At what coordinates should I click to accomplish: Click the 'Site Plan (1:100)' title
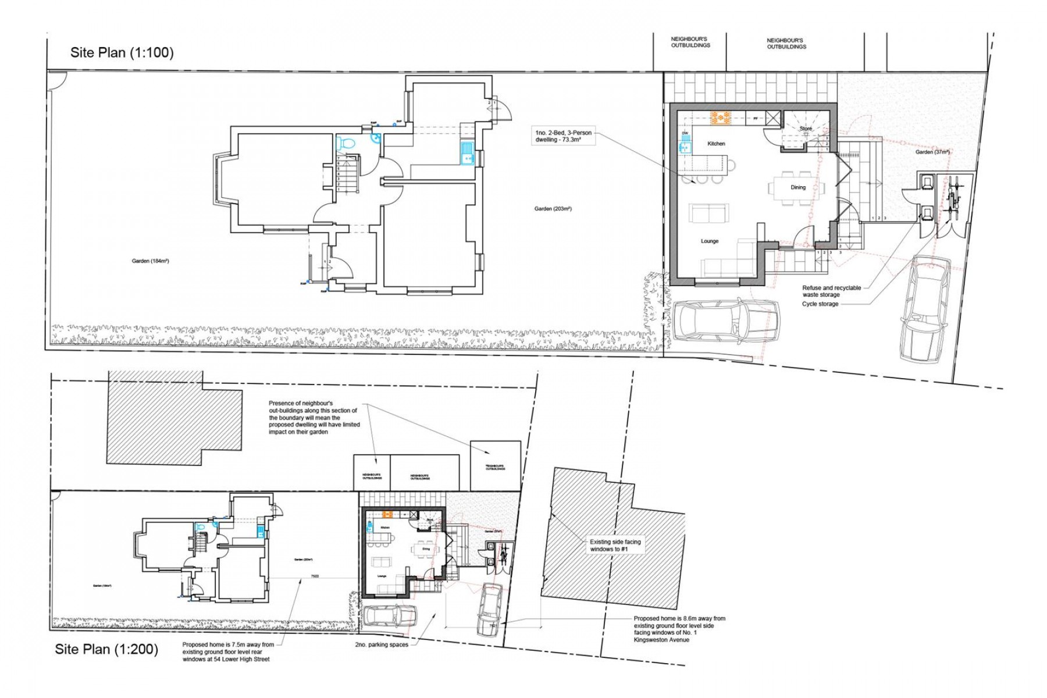tap(122, 52)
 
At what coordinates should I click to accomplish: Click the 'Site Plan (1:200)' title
tap(106, 649)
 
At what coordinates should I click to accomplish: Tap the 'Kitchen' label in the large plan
tap(716, 144)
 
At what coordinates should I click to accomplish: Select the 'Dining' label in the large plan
tap(797, 187)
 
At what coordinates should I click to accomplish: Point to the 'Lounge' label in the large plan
tap(709, 241)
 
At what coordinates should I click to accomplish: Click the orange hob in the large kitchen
tap(720, 118)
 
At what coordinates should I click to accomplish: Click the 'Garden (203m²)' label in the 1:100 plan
tap(553, 209)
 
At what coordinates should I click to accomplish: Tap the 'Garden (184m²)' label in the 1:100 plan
tap(150, 261)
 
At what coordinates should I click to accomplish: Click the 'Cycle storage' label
tap(820, 304)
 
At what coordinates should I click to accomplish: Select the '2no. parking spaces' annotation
tap(381, 644)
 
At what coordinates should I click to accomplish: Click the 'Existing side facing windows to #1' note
tap(615, 545)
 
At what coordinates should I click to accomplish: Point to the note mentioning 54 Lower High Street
tap(227, 651)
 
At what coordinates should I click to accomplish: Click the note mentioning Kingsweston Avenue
tap(679, 629)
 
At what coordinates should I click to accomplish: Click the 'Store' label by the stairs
tap(805, 129)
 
